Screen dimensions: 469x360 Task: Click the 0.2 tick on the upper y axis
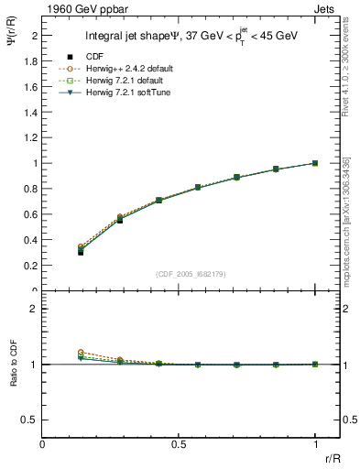(31, 266)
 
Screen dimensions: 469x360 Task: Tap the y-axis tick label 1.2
(31, 137)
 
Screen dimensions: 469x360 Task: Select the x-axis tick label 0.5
(179, 444)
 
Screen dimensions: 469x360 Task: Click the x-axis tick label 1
(315, 444)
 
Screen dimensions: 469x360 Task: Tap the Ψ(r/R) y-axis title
(12, 50)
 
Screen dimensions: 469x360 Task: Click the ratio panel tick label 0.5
(31, 420)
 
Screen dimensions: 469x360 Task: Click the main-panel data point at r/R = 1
(315, 163)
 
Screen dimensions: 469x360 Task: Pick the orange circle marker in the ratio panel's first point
(81, 352)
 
